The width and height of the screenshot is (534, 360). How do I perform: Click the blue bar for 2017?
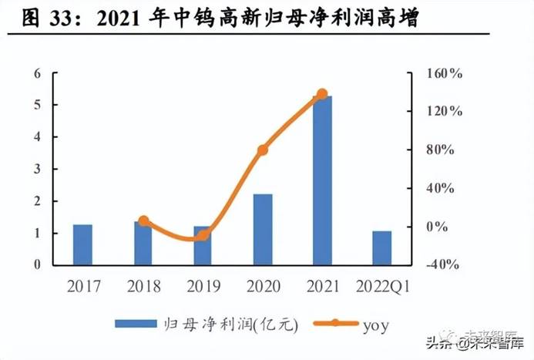click(x=82, y=244)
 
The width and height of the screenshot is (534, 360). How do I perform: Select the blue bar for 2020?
click(x=263, y=229)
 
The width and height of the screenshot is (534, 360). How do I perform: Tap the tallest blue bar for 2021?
click(x=322, y=180)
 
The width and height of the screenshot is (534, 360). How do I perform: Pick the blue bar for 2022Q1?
click(x=382, y=247)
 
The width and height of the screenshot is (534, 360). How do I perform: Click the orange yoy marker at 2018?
click(x=143, y=221)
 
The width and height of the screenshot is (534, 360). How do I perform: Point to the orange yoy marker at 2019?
click(x=202, y=236)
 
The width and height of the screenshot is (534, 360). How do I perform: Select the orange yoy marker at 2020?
click(x=263, y=150)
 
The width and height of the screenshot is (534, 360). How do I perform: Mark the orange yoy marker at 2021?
click(x=322, y=94)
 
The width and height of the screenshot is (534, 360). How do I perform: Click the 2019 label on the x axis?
click(x=203, y=287)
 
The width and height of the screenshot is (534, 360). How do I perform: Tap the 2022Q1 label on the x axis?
click(x=383, y=287)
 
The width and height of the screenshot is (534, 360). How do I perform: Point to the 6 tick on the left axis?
click(x=36, y=74)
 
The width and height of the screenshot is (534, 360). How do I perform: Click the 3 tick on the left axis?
click(x=36, y=170)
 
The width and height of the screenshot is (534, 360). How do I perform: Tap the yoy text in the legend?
click(x=375, y=325)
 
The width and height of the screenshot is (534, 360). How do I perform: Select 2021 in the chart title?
click(x=125, y=17)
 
